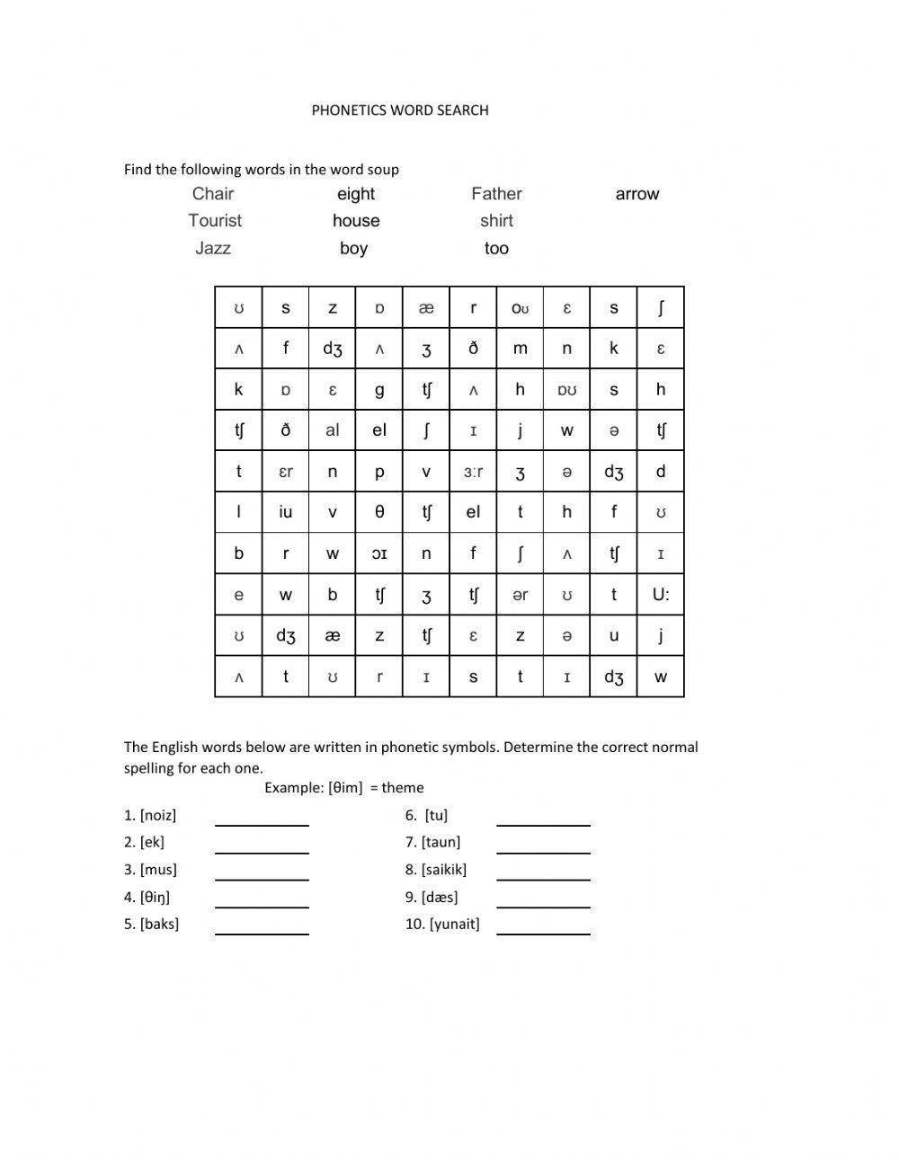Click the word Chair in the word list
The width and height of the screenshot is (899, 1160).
213,194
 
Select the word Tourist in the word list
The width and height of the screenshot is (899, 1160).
215,221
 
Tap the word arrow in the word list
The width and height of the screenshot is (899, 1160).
636,194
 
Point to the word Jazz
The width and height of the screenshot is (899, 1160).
213,249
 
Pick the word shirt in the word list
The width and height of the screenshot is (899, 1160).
496,221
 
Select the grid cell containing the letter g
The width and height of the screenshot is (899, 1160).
379,390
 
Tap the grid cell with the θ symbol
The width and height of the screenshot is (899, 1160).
379,512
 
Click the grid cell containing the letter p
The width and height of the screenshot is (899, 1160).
379,472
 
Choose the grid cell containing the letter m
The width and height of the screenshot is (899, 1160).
520,349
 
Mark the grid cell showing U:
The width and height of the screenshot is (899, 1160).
661,595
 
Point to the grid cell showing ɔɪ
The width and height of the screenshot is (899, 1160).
379,553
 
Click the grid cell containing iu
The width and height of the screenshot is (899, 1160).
286,512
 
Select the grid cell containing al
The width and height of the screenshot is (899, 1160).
333,430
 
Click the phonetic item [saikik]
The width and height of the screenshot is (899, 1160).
443,870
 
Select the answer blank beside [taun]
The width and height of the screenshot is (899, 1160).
543,846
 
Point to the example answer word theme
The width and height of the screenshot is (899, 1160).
402,788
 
